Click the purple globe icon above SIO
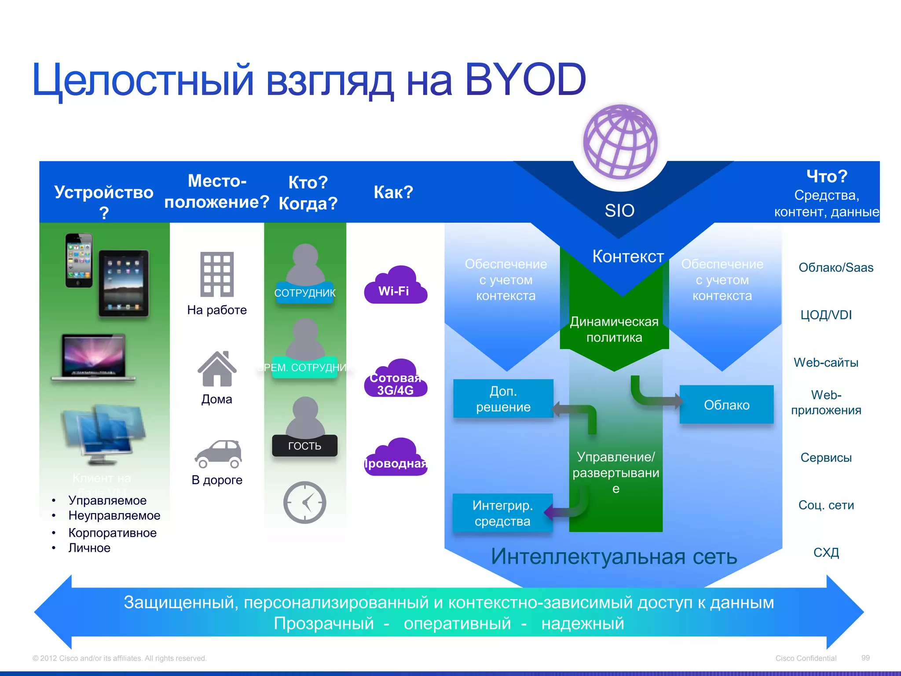(x=620, y=142)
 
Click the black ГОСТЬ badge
(x=304, y=445)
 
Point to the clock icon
(x=304, y=502)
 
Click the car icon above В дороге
(x=219, y=454)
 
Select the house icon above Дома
(x=217, y=369)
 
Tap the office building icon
(x=217, y=274)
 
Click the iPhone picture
(x=79, y=261)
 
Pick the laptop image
(x=94, y=357)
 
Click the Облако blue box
(x=726, y=404)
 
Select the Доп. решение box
(x=503, y=399)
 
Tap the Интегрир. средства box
(x=502, y=513)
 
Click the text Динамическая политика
(x=614, y=330)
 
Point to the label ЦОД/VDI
(x=826, y=315)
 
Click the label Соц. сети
(x=826, y=505)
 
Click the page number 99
(x=865, y=658)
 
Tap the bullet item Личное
(x=89, y=548)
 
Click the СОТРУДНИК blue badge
(x=304, y=293)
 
